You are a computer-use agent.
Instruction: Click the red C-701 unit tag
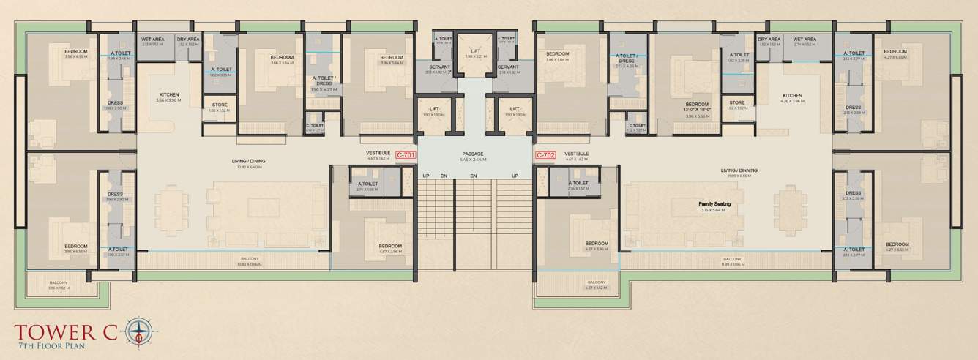pos(406,155)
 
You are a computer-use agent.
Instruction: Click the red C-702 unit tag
pos(545,155)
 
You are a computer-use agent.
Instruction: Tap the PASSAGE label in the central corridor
pos(472,154)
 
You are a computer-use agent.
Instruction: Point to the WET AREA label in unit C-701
pos(152,39)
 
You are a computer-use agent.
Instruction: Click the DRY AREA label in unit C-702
pos(769,39)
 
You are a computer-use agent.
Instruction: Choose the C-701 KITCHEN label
pos(168,95)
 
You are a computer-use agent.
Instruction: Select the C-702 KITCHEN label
pos(792,96)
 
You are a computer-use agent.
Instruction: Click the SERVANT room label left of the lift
pos(440,67)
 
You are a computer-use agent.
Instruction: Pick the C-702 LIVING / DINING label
pos(742,170)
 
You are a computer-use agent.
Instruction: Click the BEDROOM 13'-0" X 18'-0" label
pos(697,108)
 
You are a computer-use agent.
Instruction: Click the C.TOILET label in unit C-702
pos(635,126)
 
